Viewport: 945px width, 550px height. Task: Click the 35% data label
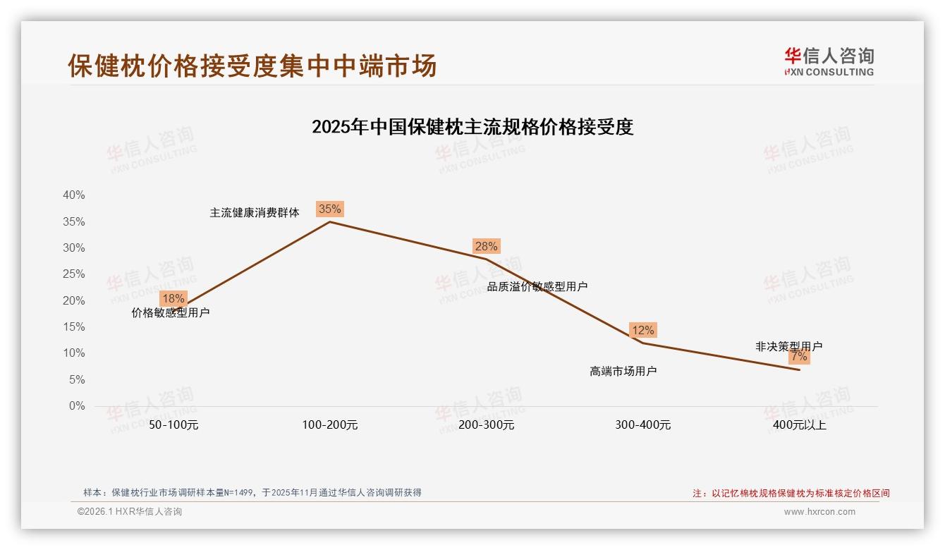pos(329,209)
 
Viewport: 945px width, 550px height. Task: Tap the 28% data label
pos(486,246)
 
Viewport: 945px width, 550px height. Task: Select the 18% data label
pos(173,298)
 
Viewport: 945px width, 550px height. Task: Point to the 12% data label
pos(642,330)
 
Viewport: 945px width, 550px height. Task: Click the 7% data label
pos(799,357)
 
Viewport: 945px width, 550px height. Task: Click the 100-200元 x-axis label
pos(329,425)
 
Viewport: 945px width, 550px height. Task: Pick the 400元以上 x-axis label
pos(799,425)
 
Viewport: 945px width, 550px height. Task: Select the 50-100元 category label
pos(173,425)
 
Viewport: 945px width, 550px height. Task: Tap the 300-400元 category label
pos(642,425)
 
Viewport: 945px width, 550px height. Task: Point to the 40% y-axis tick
pos(73,195)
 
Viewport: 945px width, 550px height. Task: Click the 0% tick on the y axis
pos(76,406)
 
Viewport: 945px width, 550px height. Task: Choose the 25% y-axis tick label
pos(73,274)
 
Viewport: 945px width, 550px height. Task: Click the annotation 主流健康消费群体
pos(255,213)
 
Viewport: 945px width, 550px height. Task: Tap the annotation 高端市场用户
pos(623,371)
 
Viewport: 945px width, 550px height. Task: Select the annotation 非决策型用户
pos(788,346)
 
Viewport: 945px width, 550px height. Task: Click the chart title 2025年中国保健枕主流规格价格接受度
pos(472,127)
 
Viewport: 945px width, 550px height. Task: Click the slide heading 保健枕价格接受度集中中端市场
pos(252,65)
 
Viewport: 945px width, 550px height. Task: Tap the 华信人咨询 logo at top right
pos(829,61)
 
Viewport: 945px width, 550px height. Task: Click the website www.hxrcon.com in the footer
pos(819,512)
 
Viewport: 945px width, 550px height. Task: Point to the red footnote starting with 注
pos(791,494)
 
